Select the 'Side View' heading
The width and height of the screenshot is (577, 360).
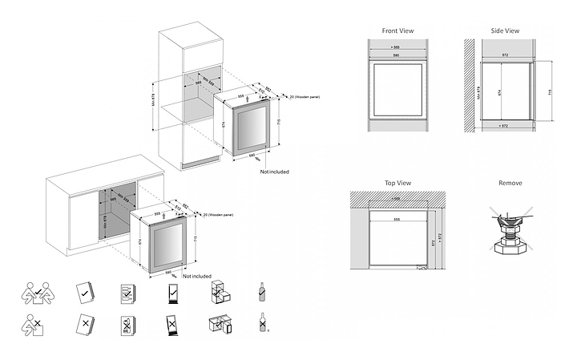(504, 30)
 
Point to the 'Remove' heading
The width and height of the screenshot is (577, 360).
(510, 183)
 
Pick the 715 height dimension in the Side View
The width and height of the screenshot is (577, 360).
(550, 92)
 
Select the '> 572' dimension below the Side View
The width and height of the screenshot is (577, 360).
(502, 126)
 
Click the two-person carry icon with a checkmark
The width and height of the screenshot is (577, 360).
(36, 294)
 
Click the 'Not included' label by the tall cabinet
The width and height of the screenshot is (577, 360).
(274, 172)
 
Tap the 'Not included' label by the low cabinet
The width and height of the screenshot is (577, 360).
(196, 276)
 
